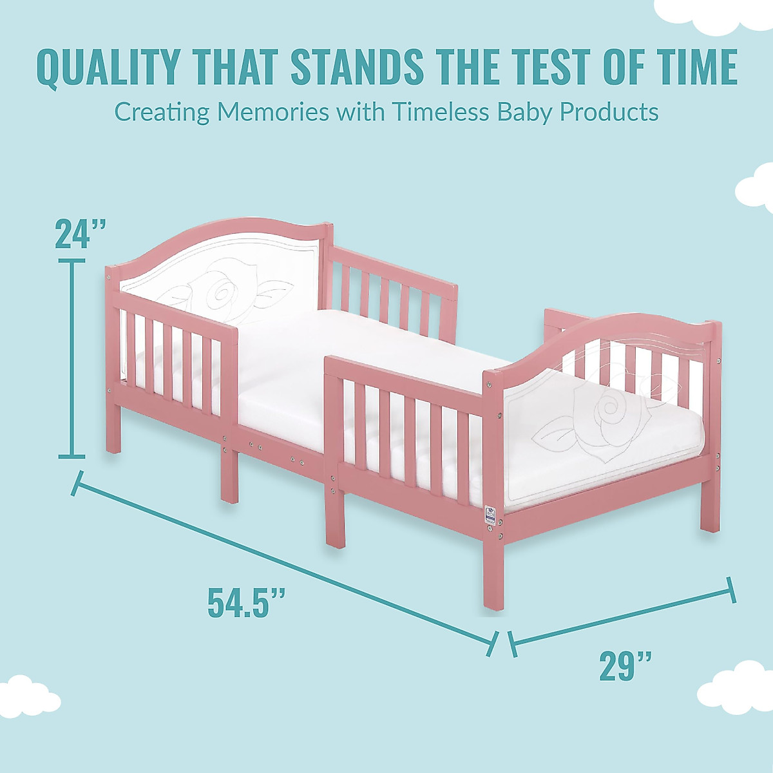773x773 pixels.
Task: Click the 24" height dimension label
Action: (80, 234)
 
